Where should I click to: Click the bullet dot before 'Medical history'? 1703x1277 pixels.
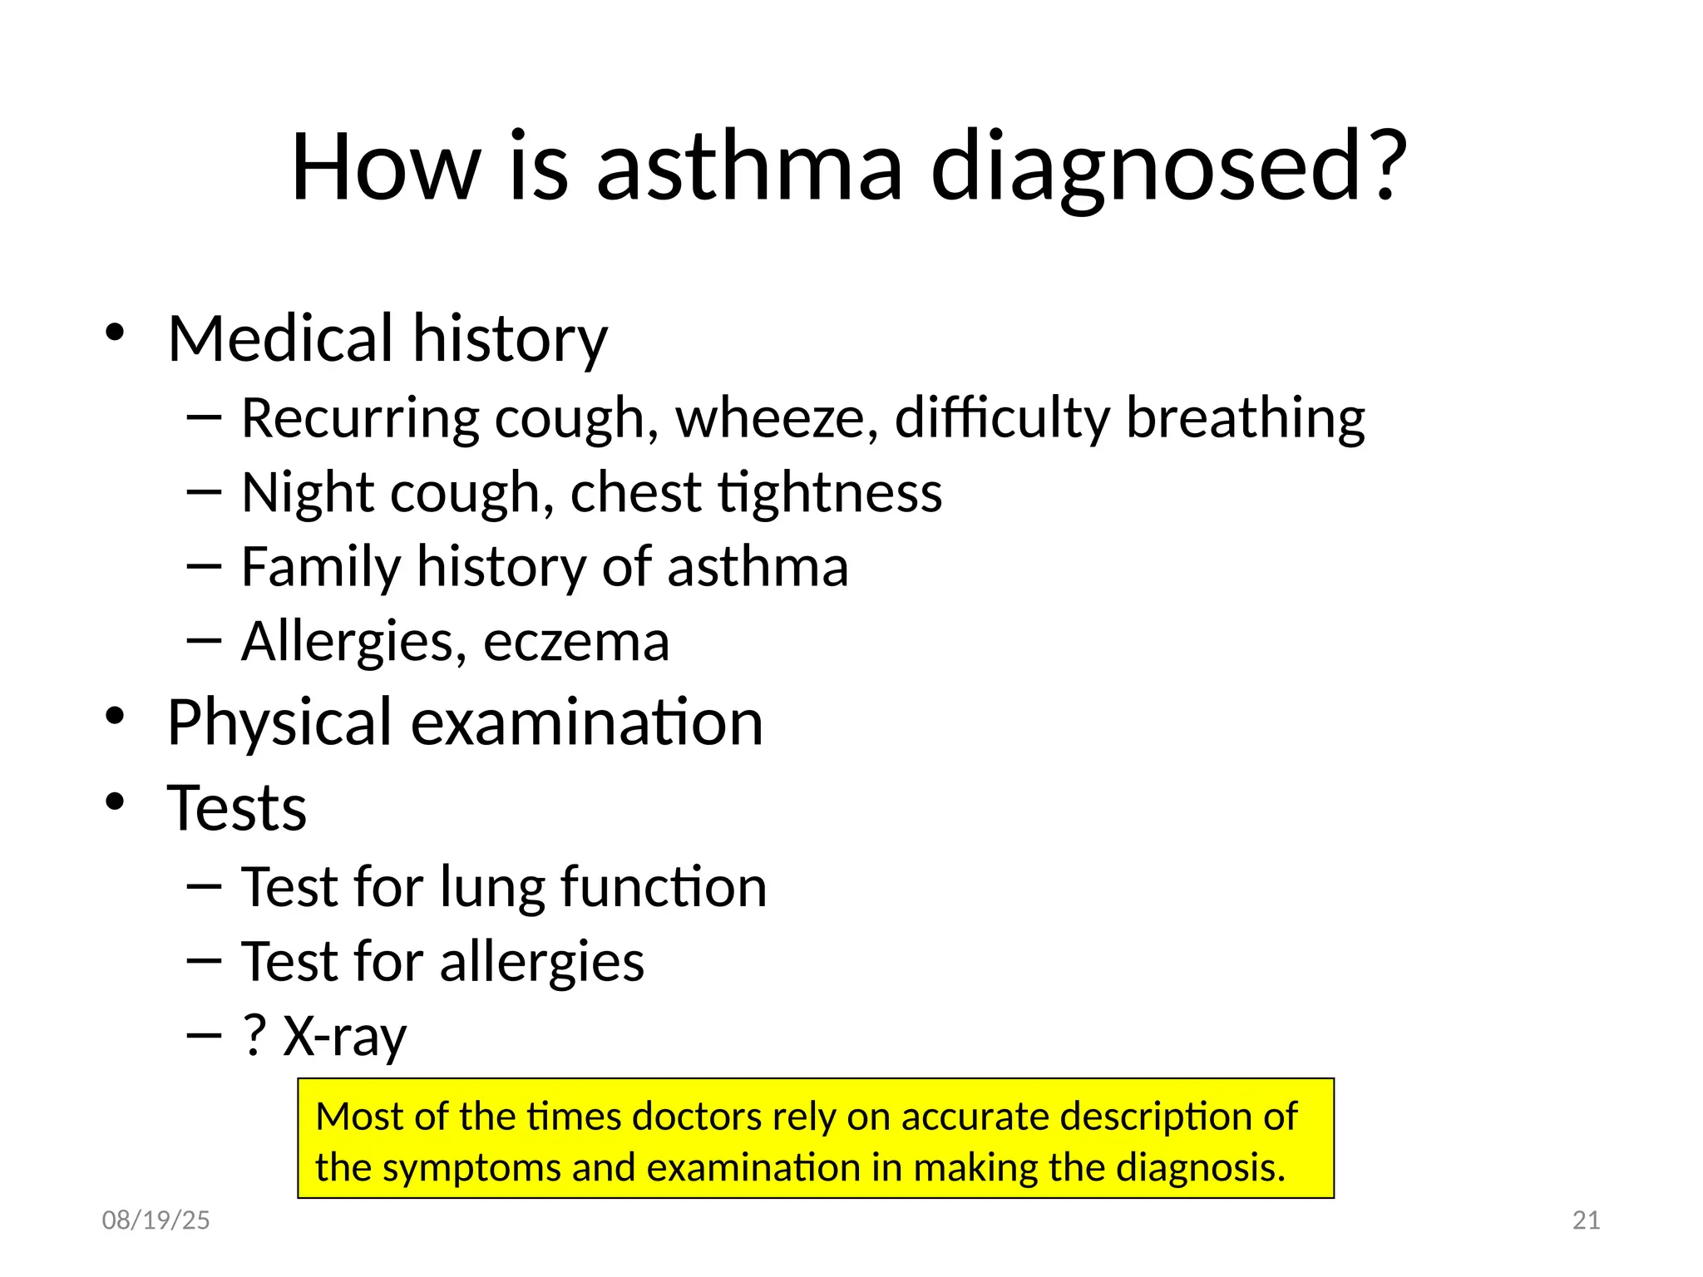click(x=115, y=333)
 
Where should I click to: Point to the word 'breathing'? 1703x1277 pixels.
click(x=1245, y=417)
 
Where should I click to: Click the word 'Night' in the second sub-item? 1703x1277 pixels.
click(x=308, y=492)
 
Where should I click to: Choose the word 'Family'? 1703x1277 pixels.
click(x=321, y=567)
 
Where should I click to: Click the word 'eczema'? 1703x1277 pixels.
click(x=576, y=642)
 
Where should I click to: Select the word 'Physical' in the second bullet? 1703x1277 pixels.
click(x=279, y=722)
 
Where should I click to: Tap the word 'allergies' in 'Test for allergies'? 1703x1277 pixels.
click(x=541, y=962)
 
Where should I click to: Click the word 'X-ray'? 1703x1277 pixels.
click(x=345, y=1037)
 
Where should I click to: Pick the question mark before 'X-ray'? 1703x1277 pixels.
click(x=254, y=1035)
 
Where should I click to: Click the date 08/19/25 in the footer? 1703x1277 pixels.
click(x=155, y=1220)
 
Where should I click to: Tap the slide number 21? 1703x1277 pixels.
click(x=1587, y=1220)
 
